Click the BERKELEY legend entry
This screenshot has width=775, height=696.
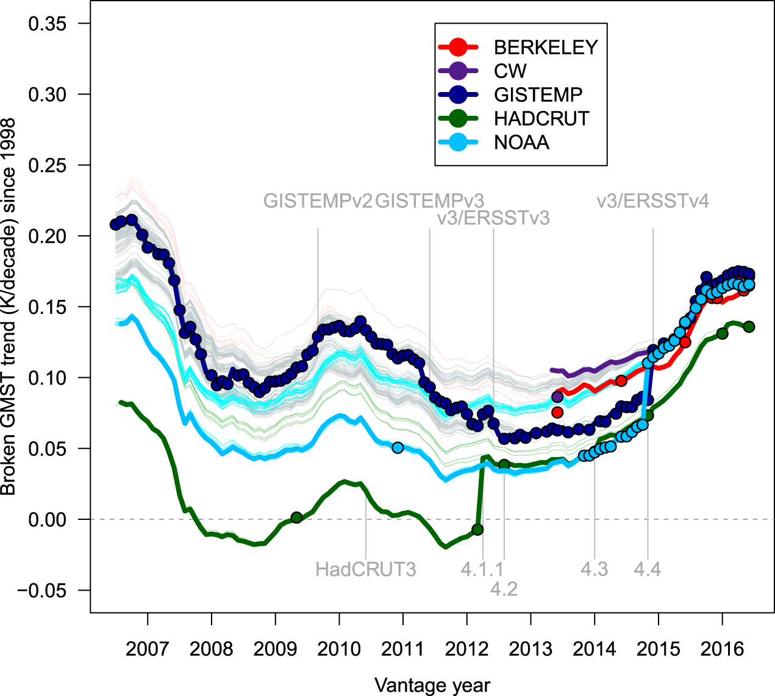545,48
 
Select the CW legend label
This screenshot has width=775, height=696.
510,71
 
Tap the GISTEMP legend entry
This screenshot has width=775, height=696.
538,95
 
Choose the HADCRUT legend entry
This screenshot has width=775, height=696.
541,119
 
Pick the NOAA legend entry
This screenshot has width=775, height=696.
521,143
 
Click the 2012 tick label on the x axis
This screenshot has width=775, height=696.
467,648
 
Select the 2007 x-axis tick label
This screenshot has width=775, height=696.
148,648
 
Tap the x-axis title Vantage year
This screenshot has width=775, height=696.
432,685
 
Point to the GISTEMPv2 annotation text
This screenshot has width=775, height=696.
317,201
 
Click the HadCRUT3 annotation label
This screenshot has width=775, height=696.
365,569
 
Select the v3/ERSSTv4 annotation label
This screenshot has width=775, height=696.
652,201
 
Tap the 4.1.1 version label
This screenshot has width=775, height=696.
482,569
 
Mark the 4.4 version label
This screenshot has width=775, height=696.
647,569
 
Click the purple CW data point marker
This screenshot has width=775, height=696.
557,397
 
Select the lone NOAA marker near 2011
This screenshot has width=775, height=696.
398,448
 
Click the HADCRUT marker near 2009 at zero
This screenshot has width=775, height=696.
296,517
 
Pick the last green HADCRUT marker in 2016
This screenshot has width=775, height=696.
749,327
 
